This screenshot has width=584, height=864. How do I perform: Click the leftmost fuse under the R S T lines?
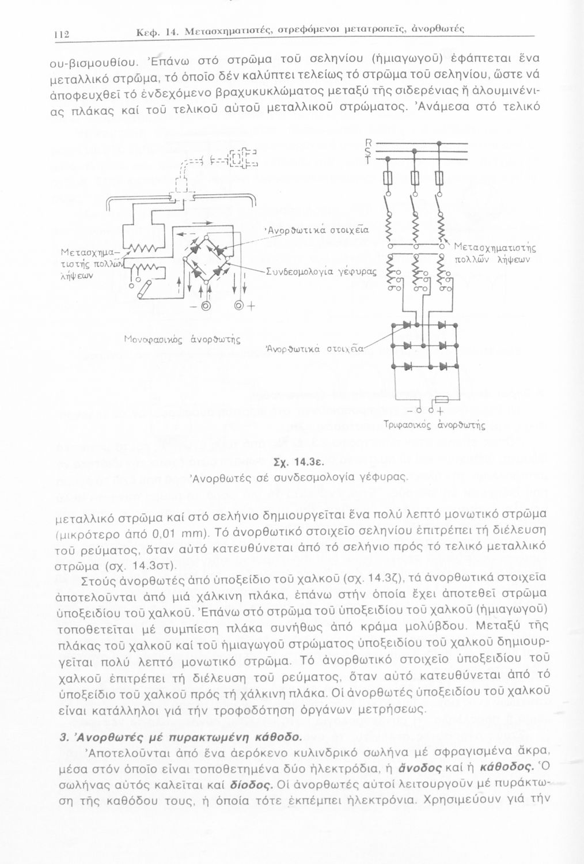pyautogui.click(x=388, y=179)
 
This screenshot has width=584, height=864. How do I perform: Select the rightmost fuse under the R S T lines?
pyautogui.click(x=440, y=179)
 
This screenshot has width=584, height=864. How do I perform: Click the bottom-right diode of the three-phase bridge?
pyautogui.click(x=443, y=366)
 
